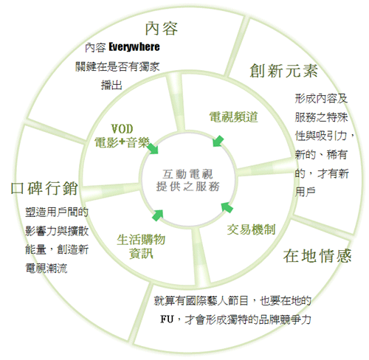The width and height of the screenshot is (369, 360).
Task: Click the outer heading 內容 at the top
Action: (162, 29)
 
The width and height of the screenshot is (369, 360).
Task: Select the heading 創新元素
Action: (284, 71)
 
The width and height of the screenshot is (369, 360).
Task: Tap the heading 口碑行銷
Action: (44, 188)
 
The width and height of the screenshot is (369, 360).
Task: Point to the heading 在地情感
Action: (317, 256)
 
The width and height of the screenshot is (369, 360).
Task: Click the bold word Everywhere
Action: (134, 47)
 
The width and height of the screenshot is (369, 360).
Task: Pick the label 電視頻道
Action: (233, 117)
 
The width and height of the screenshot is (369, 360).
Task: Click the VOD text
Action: (122, 128)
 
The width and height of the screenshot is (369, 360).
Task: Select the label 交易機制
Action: (251, 229)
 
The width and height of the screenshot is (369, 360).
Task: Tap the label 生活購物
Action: (141, 240)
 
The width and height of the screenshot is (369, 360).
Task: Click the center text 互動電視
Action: (187, 174)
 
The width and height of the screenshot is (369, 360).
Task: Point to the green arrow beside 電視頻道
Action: (218, 141)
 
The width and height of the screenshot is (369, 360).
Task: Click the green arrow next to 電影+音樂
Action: (153, 148)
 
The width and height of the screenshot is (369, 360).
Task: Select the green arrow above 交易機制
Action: (227, 207)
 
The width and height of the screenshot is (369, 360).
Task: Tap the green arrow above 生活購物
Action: (157, 215)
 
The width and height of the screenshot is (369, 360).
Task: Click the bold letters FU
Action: (167, 319)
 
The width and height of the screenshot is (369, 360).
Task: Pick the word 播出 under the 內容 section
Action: (111, 86)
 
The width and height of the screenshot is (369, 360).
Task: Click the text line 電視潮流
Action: (46, 268)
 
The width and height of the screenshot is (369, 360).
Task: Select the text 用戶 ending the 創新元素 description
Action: (306, 192)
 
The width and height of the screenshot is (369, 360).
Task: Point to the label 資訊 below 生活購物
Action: (141, 254)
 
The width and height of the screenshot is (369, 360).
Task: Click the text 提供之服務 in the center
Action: (187, 187)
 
